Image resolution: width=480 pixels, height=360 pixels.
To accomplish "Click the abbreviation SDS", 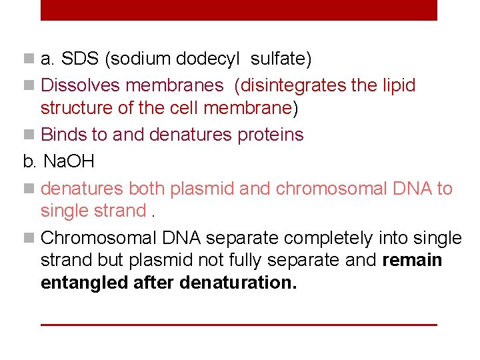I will tap(80, 59).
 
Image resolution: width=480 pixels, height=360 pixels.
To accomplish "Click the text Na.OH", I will tap(69, 161).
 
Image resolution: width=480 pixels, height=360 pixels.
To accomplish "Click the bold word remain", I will tap(413, 259).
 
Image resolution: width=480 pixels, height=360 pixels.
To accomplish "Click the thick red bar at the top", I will tap(239, 9).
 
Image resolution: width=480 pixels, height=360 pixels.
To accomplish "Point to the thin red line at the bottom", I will tap(239, 325).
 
